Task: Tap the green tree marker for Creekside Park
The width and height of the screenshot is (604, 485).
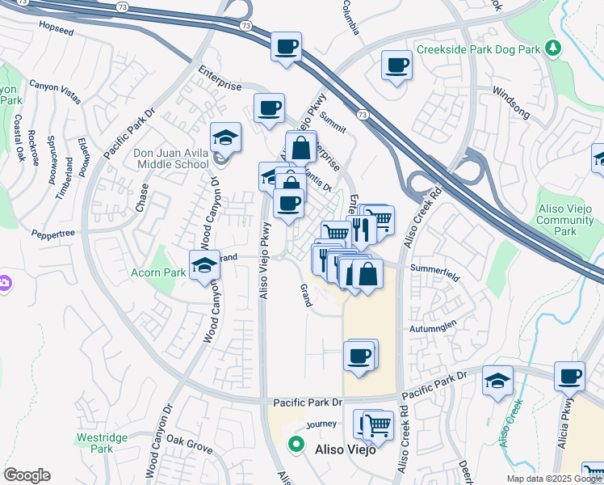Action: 553,49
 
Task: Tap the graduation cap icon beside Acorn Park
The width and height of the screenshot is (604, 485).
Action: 204,264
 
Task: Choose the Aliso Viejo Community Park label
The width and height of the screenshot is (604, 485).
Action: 564,220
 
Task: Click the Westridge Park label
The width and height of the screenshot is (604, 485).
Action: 101,442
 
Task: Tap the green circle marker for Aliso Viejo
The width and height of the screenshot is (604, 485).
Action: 296,444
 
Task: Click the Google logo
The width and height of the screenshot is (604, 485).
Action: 27,475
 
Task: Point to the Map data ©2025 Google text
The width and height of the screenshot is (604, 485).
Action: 553,479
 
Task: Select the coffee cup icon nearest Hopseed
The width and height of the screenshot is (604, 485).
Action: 286,47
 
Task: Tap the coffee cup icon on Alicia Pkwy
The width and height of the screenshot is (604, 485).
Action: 569,377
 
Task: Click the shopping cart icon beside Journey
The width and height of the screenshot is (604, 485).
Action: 377,424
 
